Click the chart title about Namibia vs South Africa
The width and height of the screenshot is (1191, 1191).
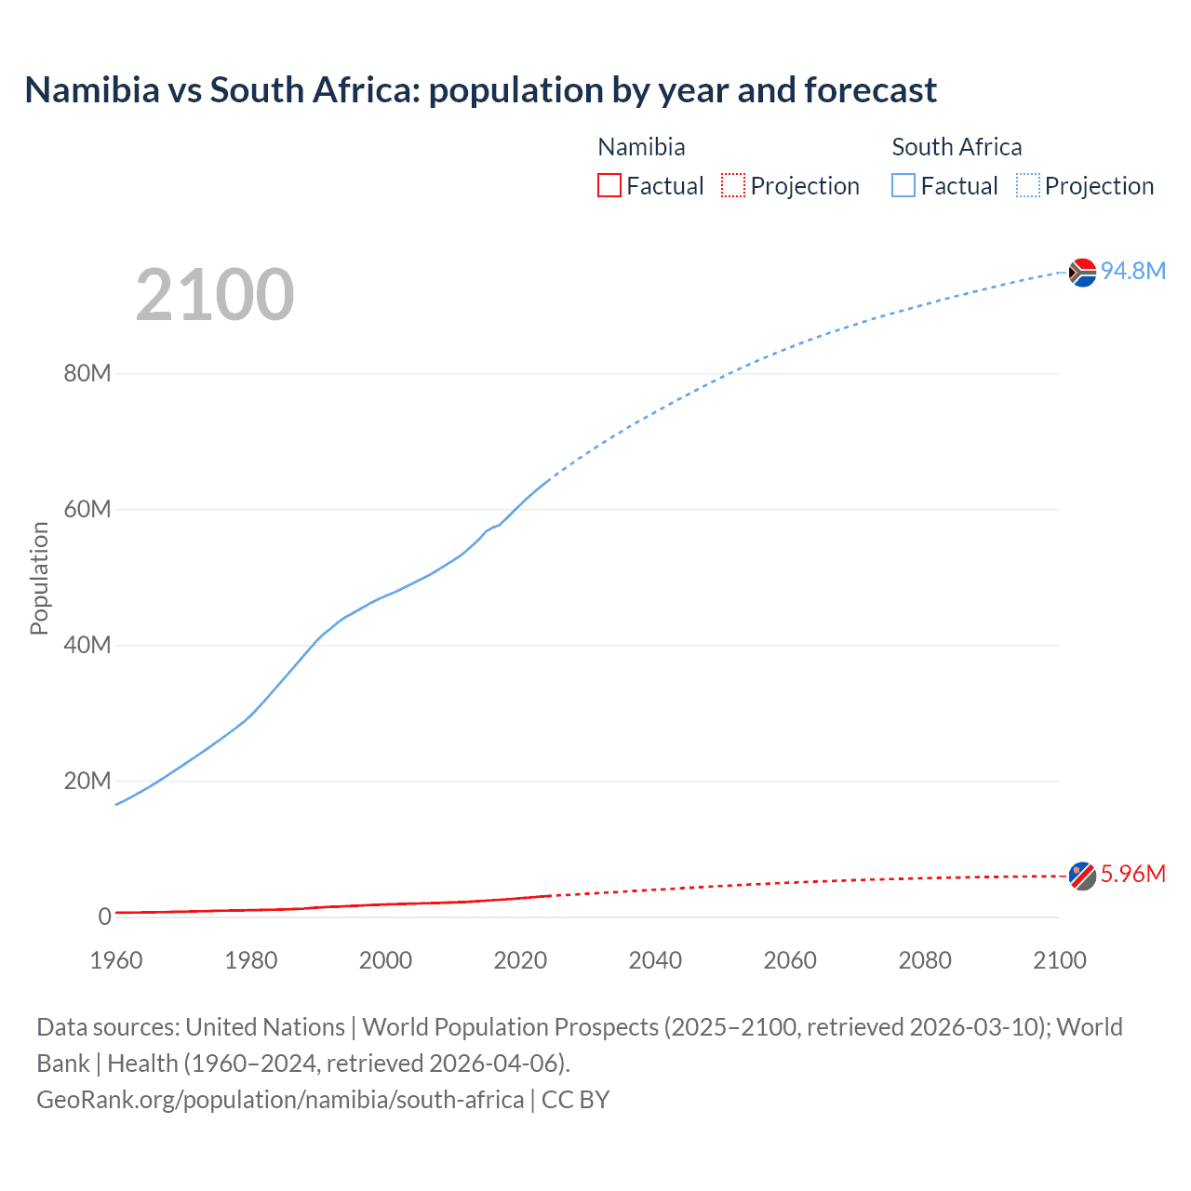click(480, 90)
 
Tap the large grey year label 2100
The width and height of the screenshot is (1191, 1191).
click(215, 295)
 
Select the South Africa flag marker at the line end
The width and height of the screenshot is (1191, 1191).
click(1082, 273)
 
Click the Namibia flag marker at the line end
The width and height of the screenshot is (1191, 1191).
click(1082, 876)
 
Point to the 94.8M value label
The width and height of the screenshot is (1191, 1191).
click(1132, 271)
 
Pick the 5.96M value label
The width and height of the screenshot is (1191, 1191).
click(1132, 874)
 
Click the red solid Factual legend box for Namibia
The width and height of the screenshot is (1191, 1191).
click(609, 185)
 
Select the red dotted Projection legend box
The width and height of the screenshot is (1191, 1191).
click(733, 185)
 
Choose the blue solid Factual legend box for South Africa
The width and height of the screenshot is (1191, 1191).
click(903, 185)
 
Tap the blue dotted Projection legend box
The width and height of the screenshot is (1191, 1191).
click(1028, 185)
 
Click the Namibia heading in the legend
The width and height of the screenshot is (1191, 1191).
click(641, 147)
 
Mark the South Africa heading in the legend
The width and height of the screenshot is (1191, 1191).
click(957, 147)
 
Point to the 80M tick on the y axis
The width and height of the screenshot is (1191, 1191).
click(87, 373)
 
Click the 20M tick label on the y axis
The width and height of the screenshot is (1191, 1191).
click(87, 781)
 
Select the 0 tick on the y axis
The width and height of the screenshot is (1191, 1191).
click(104, 917)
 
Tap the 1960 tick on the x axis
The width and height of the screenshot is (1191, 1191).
click(116, 960)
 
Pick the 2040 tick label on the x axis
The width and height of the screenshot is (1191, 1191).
click(655, 960)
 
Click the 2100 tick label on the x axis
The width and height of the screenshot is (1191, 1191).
click(1059, 960)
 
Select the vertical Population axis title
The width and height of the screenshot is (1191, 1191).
click(39, 578)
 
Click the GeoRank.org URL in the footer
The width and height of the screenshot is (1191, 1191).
click(280, 1099)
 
